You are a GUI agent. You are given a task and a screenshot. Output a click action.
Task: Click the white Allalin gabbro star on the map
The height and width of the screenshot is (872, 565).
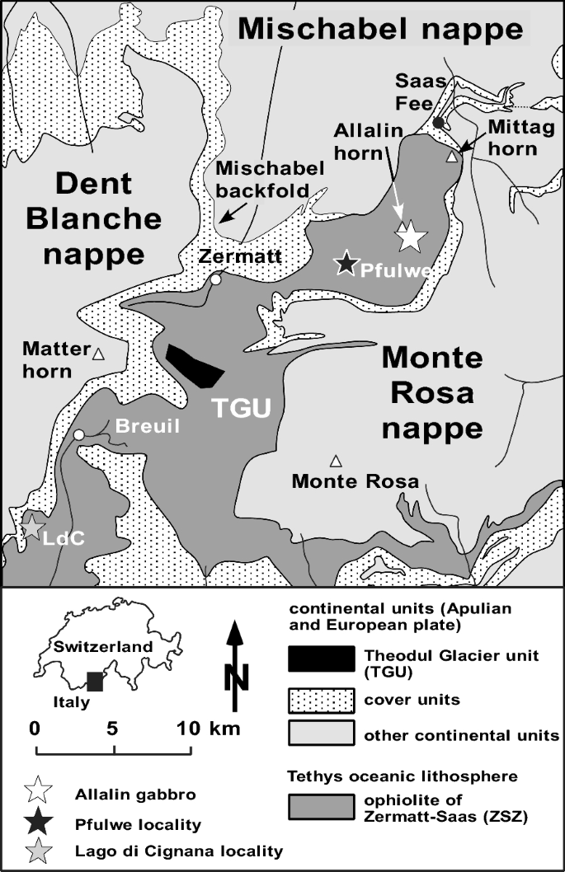(411, 237)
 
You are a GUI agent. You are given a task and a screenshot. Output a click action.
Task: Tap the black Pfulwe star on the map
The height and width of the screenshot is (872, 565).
(346, 263)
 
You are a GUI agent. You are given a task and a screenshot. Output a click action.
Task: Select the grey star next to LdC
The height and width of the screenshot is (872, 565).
(31, 525)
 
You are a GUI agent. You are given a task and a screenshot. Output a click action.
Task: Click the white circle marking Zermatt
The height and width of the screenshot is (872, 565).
(215, 279)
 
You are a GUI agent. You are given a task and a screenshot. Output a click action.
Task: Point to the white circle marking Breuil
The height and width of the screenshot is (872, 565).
(78, 434)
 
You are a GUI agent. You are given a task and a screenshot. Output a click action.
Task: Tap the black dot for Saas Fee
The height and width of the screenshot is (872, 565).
(439, 123)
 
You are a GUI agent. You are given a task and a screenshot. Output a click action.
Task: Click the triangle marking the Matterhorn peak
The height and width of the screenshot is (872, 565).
(98, 354)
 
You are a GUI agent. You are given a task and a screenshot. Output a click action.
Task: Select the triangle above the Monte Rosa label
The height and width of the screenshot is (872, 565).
(335, 460)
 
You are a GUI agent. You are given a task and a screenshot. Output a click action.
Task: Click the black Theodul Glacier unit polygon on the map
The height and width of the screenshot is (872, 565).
(194, 365)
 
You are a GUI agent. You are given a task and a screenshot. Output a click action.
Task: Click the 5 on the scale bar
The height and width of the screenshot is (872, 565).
(113, 729)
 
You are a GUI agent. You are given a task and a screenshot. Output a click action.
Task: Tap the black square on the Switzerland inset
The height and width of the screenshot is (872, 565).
(96, 681)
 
